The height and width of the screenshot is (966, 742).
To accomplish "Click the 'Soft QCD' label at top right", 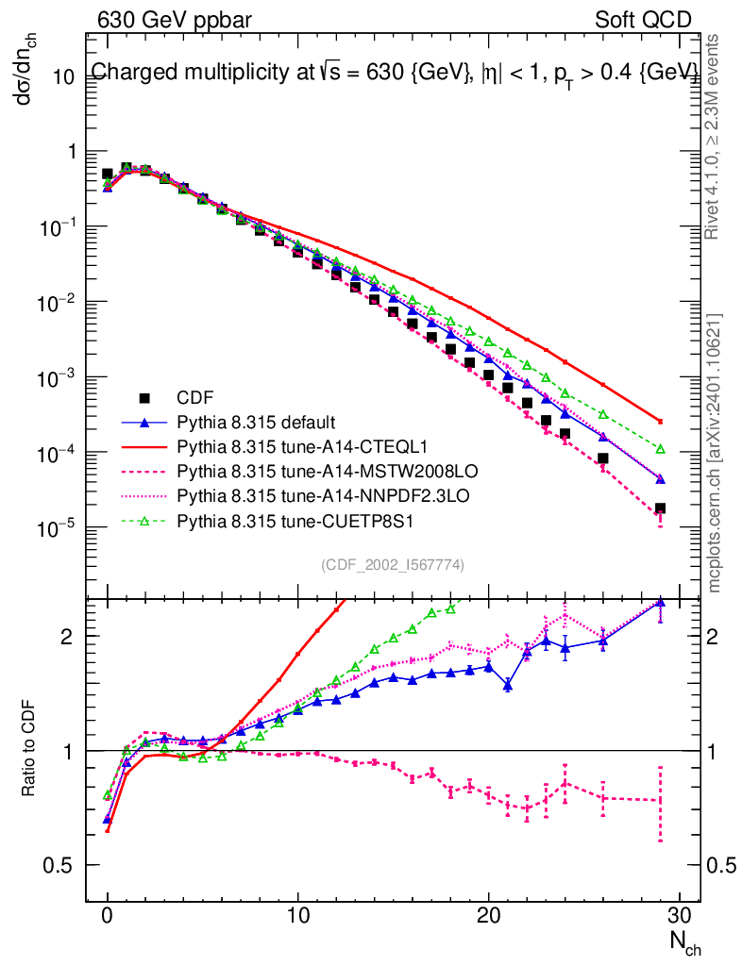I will coord(643,19).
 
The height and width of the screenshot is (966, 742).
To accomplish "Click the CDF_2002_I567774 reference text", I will coord(392,564).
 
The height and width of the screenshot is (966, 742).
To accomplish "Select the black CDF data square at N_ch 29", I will coord(660,508).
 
